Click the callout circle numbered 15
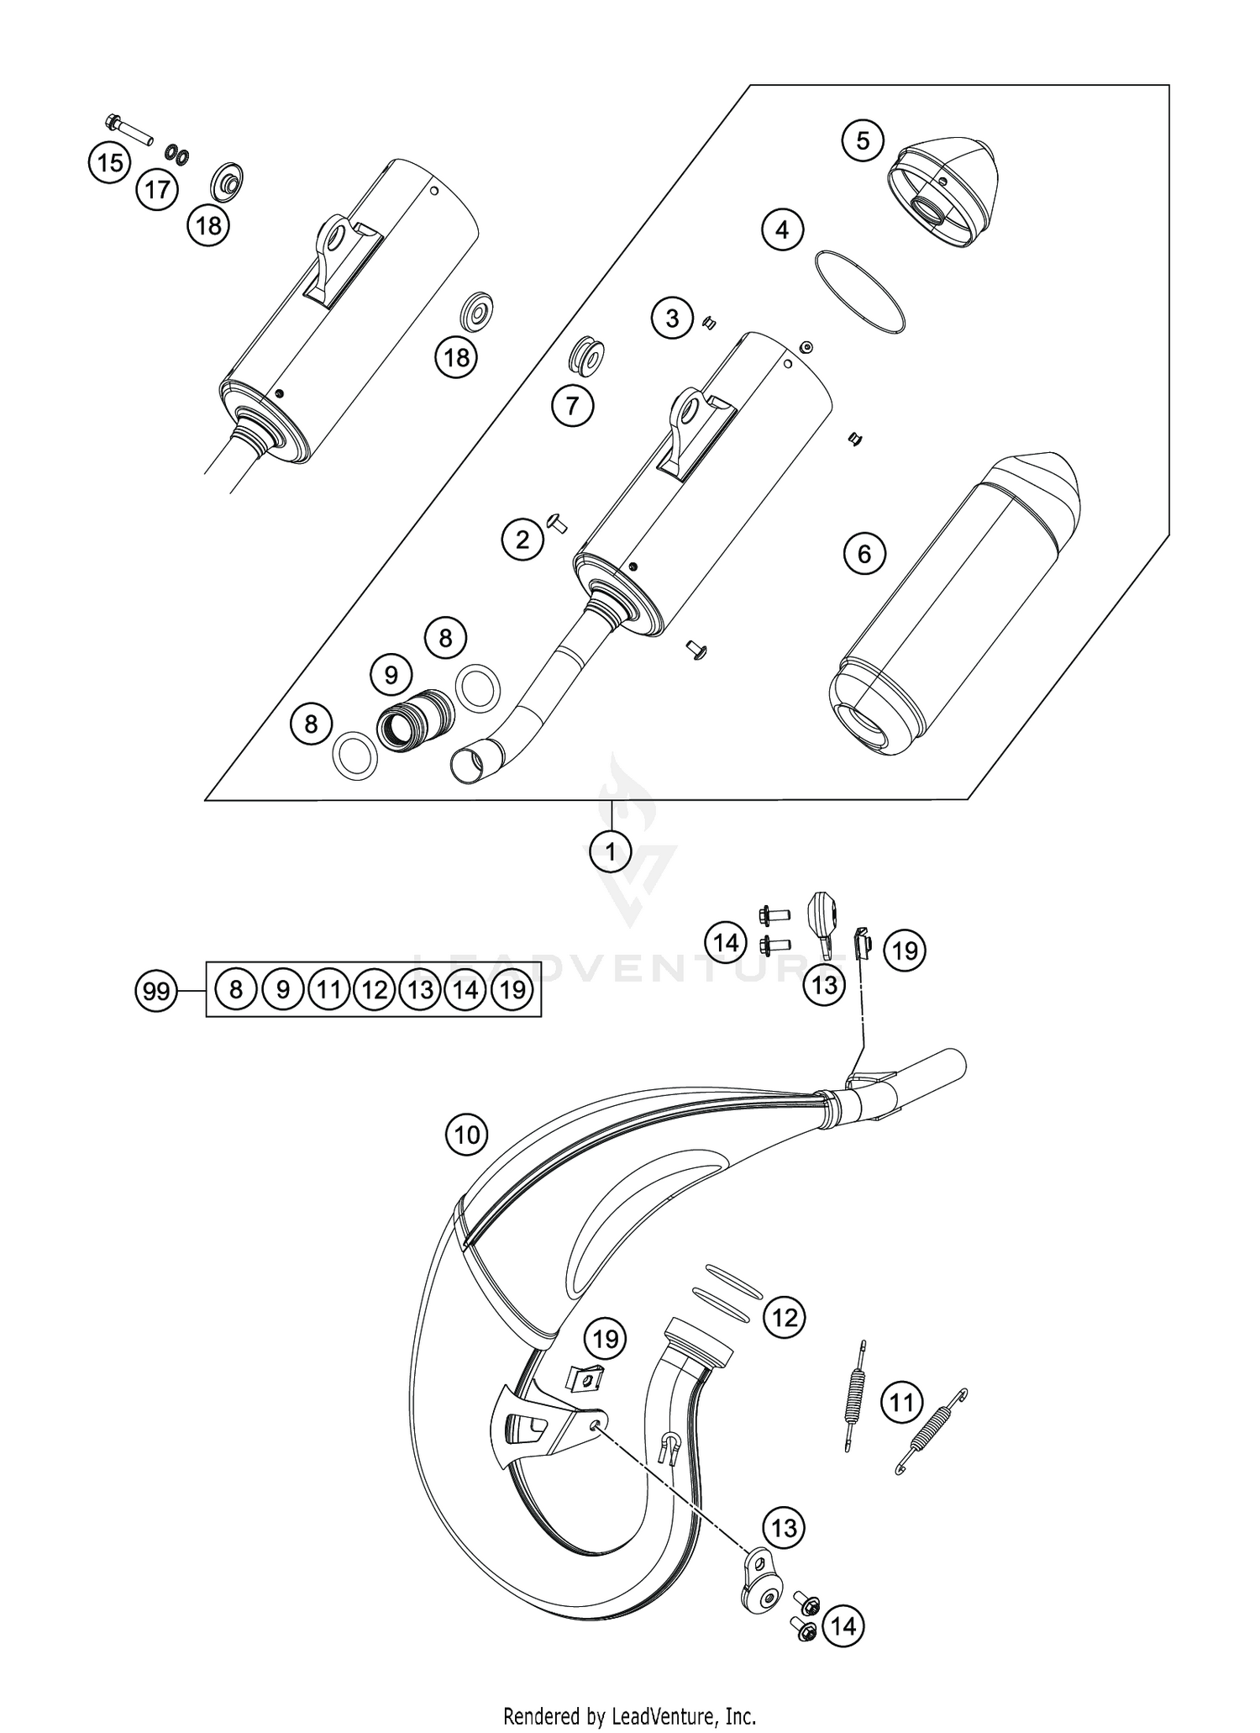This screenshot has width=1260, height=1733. (110, 162)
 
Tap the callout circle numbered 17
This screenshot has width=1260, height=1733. (157, 189)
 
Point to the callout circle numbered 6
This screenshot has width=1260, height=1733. (864, 554)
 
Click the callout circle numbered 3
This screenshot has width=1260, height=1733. (672, 319)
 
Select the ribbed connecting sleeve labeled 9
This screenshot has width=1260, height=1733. (415, 720)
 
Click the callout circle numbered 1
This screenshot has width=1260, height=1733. (611, 851)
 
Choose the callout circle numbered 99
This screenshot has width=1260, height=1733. (156, 992)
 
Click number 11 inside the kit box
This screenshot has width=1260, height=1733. (328, 990)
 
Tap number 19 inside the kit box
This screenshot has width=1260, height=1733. (512, 990)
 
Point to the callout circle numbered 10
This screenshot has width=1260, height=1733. (467, 1135)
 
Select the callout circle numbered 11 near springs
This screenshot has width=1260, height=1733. (901, 1403)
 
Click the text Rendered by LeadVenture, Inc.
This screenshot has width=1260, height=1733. (629, 1715)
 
